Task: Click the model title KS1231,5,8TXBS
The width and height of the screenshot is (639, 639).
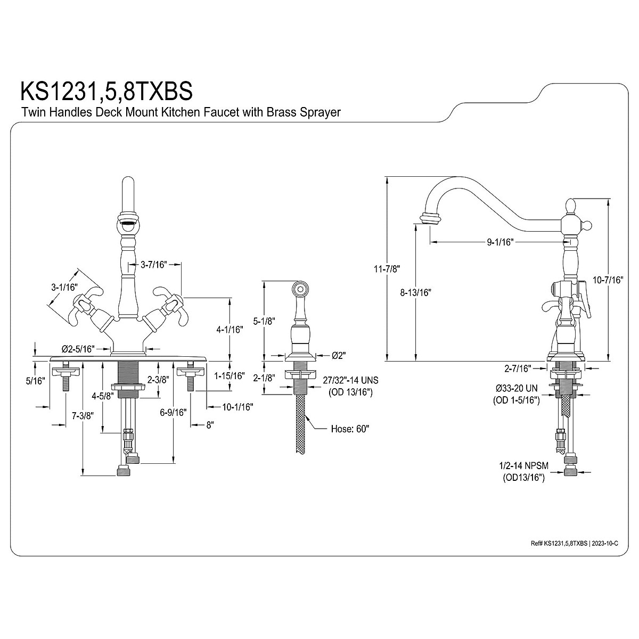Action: click(106, 91)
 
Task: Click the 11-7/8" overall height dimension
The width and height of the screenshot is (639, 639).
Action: click(371, 269)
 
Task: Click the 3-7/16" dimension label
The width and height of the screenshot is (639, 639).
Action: click(154, 264)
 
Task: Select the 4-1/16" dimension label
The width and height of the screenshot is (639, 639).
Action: click(230, 330)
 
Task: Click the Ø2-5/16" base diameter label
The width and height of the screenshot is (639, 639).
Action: click(78, 349)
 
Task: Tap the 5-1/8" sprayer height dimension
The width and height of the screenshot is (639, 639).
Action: click(263, 321)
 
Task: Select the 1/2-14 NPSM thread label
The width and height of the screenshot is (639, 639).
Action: click(523, 465)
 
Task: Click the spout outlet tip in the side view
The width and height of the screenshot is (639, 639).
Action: click(430, 218)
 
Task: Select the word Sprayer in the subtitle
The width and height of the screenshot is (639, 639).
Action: click(321, 112)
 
